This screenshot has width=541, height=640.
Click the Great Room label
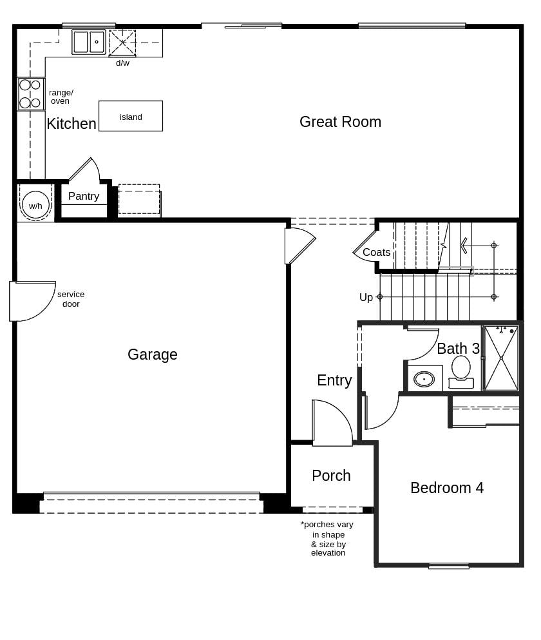tap(340, 122)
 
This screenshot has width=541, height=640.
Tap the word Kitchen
tap(71, 124)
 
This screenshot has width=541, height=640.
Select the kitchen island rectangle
tap(131, 116)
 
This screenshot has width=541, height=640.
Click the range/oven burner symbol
tap(30, 94)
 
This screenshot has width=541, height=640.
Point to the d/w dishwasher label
tap(122, 63)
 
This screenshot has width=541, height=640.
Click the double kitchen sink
tap(89, 42)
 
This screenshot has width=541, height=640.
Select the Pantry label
tap(84, 197)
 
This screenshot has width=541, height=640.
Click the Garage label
tap(153, 354)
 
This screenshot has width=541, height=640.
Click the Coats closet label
tap(376, 253)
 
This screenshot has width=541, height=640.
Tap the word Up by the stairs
tap(366, 297)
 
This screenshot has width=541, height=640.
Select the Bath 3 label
tap(458, 349)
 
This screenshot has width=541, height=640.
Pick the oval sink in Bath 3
tap(424, 379)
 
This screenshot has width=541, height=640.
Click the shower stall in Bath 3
tap(501, 358)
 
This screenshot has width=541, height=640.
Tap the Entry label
tap(334, 380)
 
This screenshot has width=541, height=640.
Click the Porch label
tap(331, 476)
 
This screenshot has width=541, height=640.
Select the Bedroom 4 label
tap(447, 488)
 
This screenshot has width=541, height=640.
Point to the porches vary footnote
tap(327, 538)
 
